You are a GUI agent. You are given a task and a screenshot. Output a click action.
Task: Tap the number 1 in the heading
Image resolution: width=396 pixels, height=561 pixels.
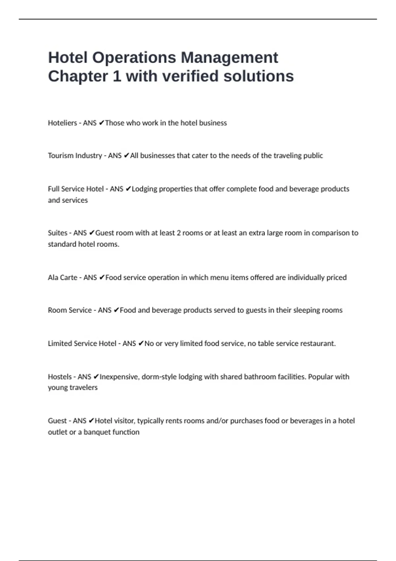[x=117, y=76]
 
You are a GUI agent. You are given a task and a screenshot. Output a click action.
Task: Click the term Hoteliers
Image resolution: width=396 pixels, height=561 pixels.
[x=62, y=123]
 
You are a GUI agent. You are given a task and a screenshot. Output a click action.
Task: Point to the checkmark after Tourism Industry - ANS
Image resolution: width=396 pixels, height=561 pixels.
[x=126, y=156]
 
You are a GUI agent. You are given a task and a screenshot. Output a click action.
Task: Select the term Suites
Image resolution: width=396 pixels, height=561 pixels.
[x=57, y=233]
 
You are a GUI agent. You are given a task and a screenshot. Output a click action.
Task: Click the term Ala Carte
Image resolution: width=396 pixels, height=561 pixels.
[x=62, y=278]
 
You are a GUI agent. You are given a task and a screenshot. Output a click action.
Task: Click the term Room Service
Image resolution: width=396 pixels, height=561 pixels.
[x=70, y=310]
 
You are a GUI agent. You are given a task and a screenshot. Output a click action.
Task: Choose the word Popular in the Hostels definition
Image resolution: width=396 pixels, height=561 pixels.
[x=320, y=377]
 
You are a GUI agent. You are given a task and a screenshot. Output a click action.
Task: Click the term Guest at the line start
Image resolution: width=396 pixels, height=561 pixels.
[x=57, y=421]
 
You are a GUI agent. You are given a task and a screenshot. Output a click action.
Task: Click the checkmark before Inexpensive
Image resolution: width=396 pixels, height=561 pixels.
[x=96, y=377]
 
